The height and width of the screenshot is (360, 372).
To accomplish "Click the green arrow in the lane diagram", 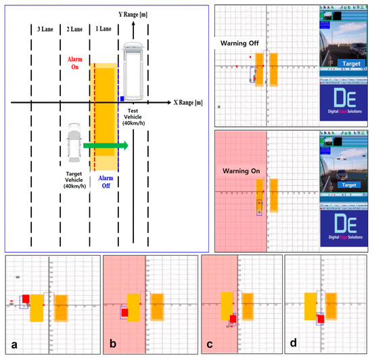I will pos(106,144).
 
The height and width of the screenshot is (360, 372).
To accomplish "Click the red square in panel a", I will pos(26,299).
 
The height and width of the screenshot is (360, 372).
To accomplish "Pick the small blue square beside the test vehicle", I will pos(121,99).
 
